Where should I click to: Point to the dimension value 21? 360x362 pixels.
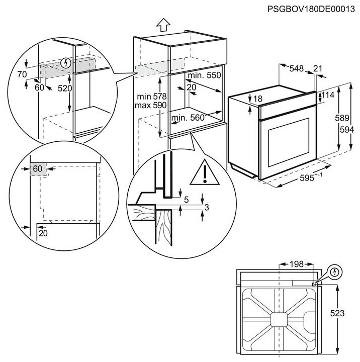pyautogui.click(x=318, y=69)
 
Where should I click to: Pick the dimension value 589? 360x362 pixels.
pyautogui.click(x=342, y=118)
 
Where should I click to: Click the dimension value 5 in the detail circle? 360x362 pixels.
pyautogui.click(x=186, y=200)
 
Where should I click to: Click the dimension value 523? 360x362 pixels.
pyautogui.click(x=338, y=313)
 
